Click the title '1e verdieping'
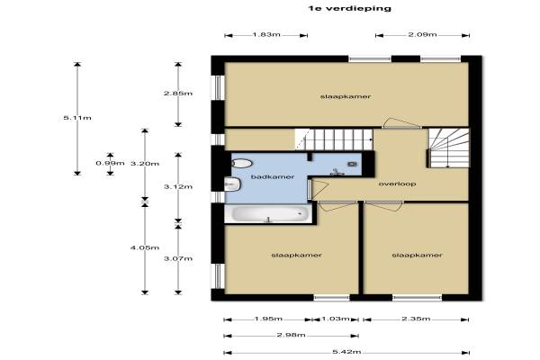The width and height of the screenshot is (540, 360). click(350, 9)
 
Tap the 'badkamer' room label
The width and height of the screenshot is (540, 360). click(273, 176)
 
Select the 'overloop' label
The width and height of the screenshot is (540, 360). click(397, 184)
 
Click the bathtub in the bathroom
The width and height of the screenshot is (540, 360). click(268, 214)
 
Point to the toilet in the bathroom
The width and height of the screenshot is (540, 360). click(242, 163)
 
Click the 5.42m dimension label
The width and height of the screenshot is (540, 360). click(346, 352)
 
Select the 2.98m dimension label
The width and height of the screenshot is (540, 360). click(291, 335)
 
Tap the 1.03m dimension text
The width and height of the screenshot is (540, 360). click(335, 319)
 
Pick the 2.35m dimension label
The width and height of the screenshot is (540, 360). click(416, 319)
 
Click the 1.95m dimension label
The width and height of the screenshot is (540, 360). click(268, 319)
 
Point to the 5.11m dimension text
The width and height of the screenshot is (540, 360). click(77, 118)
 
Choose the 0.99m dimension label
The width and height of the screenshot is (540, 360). click(110, 163)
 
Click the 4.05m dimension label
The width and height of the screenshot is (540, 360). click(145, 247)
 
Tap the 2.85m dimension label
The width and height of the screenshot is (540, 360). click(178, 94)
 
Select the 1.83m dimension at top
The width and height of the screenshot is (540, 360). click(266, 34)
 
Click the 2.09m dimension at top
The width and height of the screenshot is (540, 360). click(423, 34)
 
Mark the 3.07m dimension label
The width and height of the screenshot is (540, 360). click(178, 258)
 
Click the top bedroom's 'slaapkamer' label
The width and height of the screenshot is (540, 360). click(346, 96)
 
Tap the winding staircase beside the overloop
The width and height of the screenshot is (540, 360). click(448, 148)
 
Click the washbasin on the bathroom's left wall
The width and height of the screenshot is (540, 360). click(232, 184)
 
